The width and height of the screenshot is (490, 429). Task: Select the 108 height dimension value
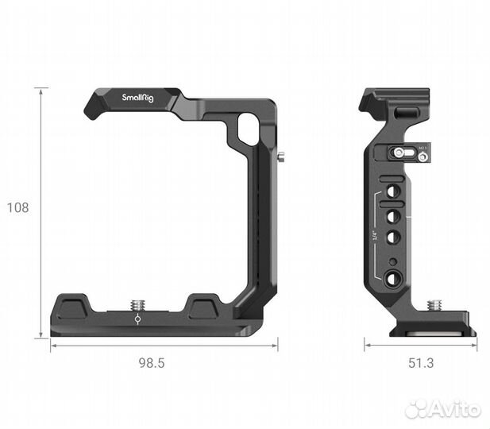[x=17, y=208]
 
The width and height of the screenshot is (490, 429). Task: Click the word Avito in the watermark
[x=455, y=409]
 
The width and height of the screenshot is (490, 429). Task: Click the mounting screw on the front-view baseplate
[x=137, y=303]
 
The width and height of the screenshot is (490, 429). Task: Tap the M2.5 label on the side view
[x=423, y=147]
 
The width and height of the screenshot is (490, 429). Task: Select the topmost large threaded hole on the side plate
[x=392, y=191]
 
